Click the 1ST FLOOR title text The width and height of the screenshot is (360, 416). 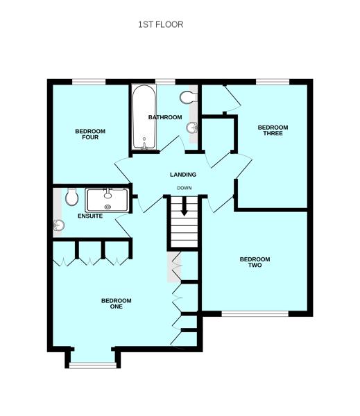tap(161, 24)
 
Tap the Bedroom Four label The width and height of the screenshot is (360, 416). tap(90, 135)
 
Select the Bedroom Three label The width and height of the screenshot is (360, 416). tap(273, 130)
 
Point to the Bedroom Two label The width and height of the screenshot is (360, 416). tap(255, 262)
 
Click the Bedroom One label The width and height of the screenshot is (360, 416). tap(117, 304)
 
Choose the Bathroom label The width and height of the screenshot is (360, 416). tap(165, 117)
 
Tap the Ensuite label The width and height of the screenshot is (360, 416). tap(90, 216)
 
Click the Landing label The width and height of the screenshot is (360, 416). tap(183, 175)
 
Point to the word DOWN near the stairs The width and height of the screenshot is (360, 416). tap(185, 188)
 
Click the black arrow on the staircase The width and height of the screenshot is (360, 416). tap(185, 206)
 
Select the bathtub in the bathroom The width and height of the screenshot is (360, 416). tap(144, 117)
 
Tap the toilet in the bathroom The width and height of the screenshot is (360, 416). tap(189, 97)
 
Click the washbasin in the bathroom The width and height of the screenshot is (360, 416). tap(192, 128)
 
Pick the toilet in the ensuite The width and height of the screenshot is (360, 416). tap(71, 197)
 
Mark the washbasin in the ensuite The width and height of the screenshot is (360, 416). tap(58, 225)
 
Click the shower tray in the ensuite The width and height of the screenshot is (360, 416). tap(108, 200)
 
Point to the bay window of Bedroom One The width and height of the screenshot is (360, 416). tap(93, 365)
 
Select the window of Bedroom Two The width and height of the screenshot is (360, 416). tap(255, 314)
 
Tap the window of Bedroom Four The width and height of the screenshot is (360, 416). tap(89, 82)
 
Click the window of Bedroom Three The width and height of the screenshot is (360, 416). tap(273, 82)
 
